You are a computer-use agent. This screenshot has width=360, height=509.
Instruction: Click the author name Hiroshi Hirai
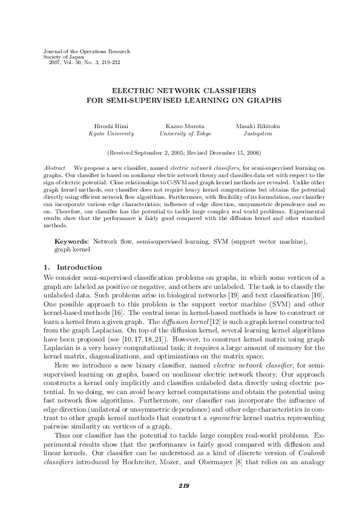[x=111, y=126]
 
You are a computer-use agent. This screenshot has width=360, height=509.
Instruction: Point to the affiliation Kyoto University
[x=111, y=133]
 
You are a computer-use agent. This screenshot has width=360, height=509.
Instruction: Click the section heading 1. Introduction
[x=73, y=267]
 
